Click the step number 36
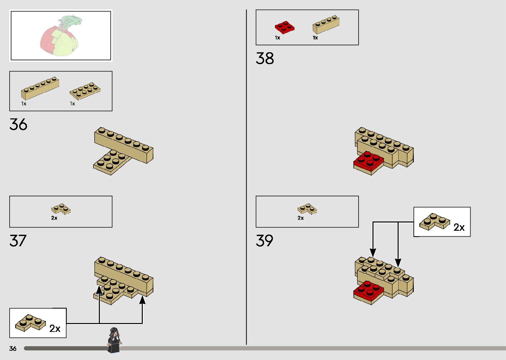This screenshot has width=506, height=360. tap(19, 125)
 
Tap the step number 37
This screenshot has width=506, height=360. tap(18, 241)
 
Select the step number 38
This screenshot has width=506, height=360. tap(265, 59)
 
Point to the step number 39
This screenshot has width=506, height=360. tap(264, 241)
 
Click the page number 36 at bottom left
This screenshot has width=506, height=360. tap(13, 348)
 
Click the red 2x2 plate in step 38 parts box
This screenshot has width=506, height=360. tap(285, 27)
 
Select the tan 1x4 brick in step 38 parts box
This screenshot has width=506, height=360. tap(326, 24)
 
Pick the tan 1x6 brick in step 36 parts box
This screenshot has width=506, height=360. tap(40, 88)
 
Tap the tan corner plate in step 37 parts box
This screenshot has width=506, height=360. tap(61, 209)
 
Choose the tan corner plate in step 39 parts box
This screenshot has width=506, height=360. tap(307, 209)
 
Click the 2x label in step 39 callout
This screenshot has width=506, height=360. tap(459, 227)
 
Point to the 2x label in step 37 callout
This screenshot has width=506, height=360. tap(55, 328)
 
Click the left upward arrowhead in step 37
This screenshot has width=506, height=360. tap(99, 290)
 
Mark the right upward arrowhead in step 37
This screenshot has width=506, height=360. tap(142, 300)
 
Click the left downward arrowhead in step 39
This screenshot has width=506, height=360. tap(373, 253)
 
